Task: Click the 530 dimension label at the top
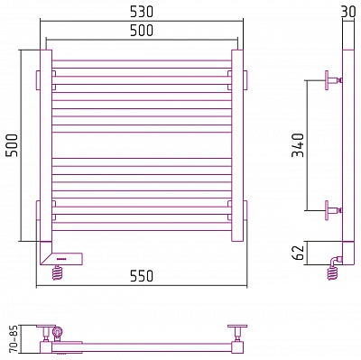point(142,12)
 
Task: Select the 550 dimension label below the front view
point(142,276)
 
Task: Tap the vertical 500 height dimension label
point(13,145)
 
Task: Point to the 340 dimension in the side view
point(299,145)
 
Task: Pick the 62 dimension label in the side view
point(299,253)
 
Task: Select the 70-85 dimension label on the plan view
point(14,338)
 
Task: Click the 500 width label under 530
point(142,31)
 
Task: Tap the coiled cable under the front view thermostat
point(58,272)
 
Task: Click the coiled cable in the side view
point(332,272)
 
